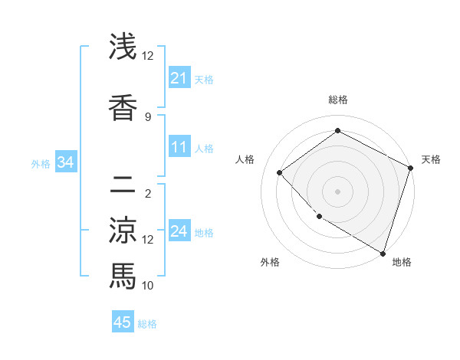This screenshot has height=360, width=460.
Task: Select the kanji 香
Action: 123,106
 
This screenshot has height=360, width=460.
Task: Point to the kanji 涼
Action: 123,230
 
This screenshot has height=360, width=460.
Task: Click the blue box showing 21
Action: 179,78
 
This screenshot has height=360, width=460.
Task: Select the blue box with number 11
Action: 179,147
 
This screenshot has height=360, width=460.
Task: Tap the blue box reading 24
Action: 179,231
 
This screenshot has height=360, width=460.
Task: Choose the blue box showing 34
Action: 65,162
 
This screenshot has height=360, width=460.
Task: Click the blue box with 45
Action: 123,322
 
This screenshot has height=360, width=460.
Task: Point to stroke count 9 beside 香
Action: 148,116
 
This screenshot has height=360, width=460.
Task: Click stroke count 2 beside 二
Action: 148,193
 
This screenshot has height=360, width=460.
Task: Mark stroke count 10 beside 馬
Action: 148,285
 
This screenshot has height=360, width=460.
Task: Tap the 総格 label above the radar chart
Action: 337,100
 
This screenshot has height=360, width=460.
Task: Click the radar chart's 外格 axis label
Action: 270,262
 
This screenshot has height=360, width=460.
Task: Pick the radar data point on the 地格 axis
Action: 383,253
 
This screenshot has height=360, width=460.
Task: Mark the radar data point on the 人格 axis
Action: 281,173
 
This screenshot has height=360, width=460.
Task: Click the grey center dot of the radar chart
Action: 337,191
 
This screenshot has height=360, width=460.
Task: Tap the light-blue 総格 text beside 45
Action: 147,324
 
